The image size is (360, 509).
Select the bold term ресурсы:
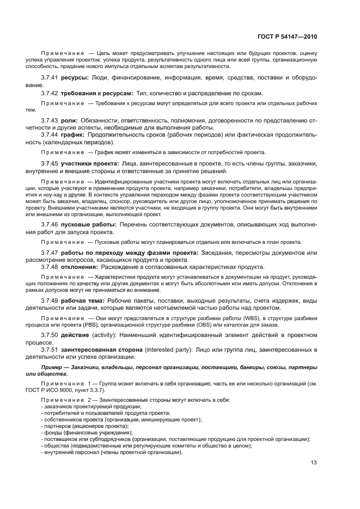(x=75, y=78)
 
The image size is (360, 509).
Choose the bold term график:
(x=74, y=134)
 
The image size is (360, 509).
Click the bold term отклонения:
(x=81, y=267)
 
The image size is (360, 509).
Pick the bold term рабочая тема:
(x=84, y=301)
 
